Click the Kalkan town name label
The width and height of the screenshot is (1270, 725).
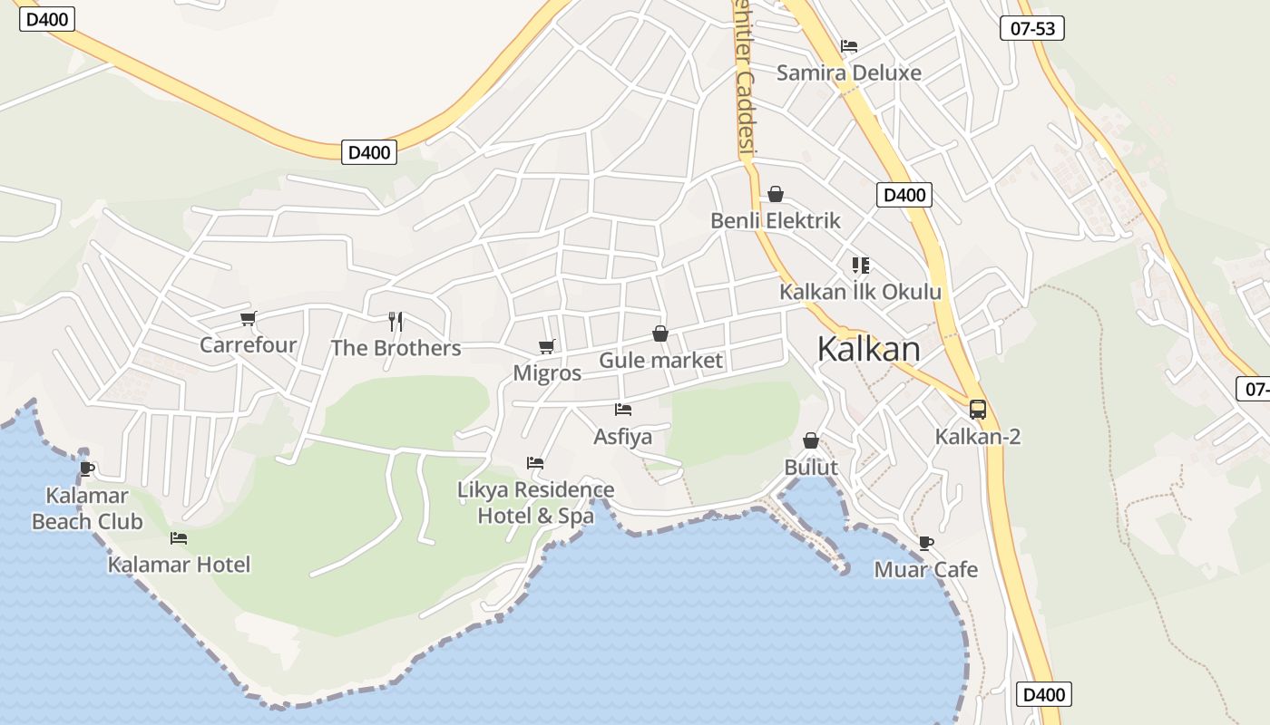point(868,349)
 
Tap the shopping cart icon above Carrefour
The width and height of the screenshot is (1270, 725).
point(249,318)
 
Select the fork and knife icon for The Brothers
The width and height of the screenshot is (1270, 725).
point(396,321)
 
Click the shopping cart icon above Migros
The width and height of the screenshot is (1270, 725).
point(546,346)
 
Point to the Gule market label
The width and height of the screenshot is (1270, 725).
point(660,361)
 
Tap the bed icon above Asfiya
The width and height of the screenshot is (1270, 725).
point(622,410)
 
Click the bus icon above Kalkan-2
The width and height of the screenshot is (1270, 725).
point(977,409)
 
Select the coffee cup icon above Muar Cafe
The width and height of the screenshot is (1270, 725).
point(925,543)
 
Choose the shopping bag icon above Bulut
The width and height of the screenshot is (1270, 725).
point(811,440)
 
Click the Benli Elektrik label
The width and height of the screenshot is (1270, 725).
point(776,220)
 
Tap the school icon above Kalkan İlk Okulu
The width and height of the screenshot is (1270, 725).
point(860,266)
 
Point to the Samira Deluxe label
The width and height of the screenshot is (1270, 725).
point(848,73)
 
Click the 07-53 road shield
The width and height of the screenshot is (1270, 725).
point(1032,28)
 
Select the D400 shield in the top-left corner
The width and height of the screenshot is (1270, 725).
point(46,19)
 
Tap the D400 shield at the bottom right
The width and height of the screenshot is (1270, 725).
point(1043,694)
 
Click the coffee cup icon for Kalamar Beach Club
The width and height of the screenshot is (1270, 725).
point(87,469)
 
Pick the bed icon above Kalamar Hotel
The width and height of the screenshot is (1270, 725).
point(179,538)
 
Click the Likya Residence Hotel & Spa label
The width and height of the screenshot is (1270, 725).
point(536,503)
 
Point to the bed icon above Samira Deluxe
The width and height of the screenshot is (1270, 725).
point(849,45)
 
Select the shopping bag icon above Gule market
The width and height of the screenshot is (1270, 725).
point(660,333)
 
